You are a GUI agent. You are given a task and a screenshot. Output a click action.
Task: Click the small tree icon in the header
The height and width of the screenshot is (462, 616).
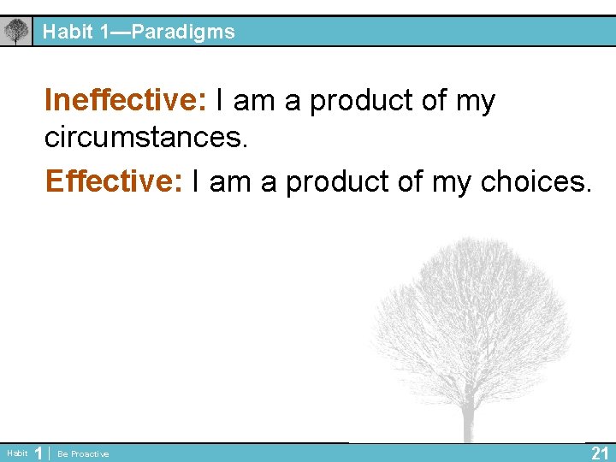point(15,33)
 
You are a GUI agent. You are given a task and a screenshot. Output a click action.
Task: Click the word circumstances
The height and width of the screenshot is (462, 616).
point(145,139)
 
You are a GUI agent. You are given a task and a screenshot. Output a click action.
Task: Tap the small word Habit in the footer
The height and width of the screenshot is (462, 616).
point(16,453)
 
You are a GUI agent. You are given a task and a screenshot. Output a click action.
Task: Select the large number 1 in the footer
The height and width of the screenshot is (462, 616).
point(38,453)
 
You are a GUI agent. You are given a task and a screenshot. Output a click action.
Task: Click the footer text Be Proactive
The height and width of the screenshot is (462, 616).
point(83,453)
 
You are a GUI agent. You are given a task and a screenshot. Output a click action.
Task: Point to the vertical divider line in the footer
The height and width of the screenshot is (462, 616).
point(49,453)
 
